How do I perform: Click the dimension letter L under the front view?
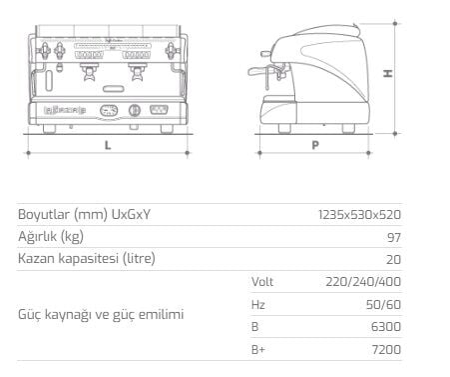[107, 144]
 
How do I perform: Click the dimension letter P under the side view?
[314, 144]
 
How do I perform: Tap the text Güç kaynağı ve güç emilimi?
[101, 314]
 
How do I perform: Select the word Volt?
[262, 281]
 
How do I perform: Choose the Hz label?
[257, 303]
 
